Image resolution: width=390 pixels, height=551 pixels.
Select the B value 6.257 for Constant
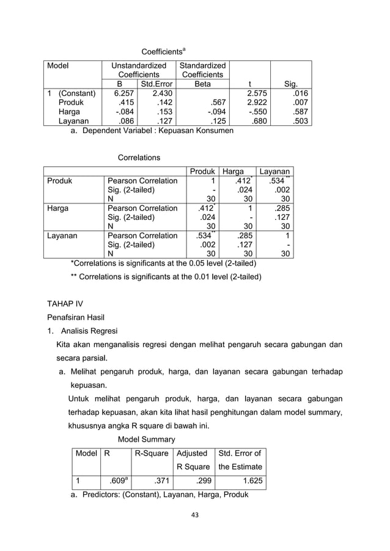point(121,93)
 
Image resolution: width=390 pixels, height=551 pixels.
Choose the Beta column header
point(202,84)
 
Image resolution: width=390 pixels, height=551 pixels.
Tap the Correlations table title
point(139,158)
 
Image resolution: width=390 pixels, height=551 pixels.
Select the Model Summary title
point(146,439)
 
